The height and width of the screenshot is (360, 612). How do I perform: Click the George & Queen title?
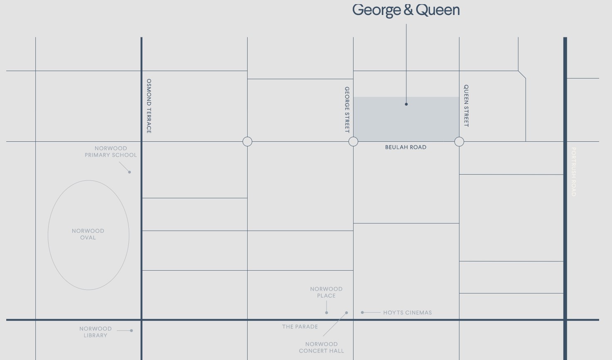pyautogui.click(x=406, y=10)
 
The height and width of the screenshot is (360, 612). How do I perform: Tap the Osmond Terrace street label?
pyautogui.click(x=149, y=106)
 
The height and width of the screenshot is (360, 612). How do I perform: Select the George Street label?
pyautogui.click(x=347, y=110)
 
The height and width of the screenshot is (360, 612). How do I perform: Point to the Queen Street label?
pyautogui.click(x=466, y=106)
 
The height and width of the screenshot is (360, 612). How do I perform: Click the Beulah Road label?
pyautogui.click(x=406, y=147)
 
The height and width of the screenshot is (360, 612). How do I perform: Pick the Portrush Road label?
pyautogui.click(x=574, y=172)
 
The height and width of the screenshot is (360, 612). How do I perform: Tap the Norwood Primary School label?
pyautogui.click(x=111, y=152)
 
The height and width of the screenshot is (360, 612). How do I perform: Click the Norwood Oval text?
pyautogui.click(x=88, y=234)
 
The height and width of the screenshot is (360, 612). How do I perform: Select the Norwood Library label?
pyautogui.click(x=96, y=332)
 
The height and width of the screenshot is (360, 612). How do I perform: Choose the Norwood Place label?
pyautogui.click(x=326, y=292)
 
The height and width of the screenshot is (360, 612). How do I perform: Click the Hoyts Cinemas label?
pyautogui.click(x=407, y=313)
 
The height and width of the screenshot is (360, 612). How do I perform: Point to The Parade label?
pyautogui.click(x=300, y=327)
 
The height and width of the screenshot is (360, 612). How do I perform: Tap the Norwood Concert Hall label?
pyautogui.click(x=322, y=348)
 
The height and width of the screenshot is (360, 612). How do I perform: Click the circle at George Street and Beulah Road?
pyautogui.click(x=353, y=142)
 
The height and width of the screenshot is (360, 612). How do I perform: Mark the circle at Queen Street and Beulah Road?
pyautogui.click(x=459, y=142)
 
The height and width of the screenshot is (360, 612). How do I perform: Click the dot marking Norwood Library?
pyautogui.click(x=131, y=331)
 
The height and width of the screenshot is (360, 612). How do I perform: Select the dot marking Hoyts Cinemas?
pyautogui.click(x=362, y=312)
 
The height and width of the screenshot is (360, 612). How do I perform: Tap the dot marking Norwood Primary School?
pyautogui.click(x=130, y=172)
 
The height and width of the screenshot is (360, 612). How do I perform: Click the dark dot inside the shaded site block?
pyautogui.click(x=406, y=104)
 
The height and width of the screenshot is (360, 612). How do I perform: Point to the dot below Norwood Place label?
pyautogui.click(x=327, y=313)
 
